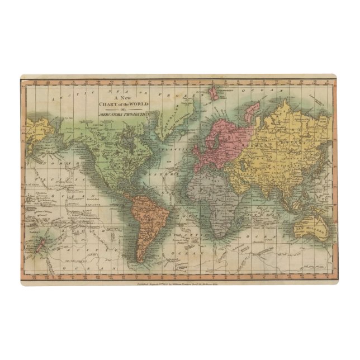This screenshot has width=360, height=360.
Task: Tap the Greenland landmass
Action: pyautogui.click(x=168, y=112)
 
